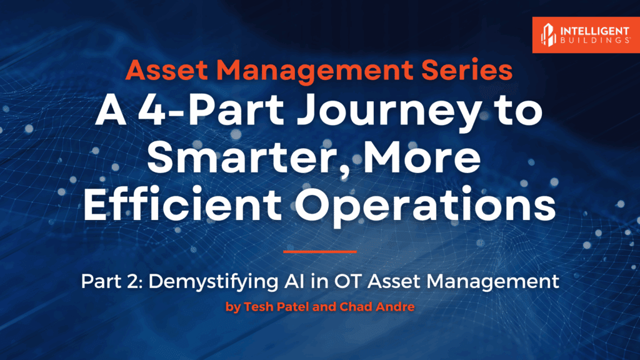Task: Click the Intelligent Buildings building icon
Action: [x=548, y=35]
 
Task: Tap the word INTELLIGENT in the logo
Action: [x=595, y=31]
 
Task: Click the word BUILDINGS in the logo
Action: [x=595, y=41]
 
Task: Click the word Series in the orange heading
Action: [x=467, y=70]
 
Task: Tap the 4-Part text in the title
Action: [x=210, y=110]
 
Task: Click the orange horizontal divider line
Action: [x=319, y=252]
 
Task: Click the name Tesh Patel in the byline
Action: [x=276, y=306]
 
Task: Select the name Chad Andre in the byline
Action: [x=377, y=306]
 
